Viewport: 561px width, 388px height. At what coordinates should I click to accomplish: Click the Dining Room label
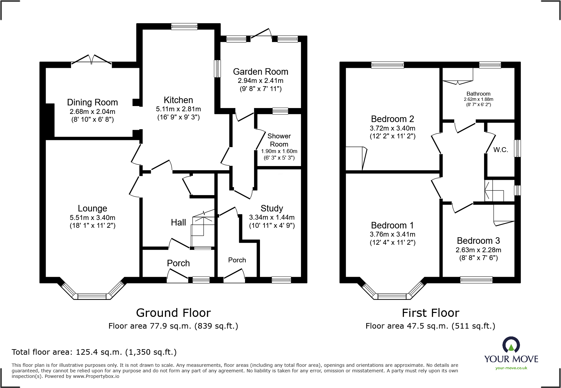[92, 102]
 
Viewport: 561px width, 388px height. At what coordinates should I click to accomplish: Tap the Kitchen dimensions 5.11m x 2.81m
[178, 109]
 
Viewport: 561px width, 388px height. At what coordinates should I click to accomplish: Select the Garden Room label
[260, 72]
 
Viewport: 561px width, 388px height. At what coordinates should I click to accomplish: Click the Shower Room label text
[279, 140]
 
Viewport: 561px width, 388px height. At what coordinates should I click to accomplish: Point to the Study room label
[272, 209]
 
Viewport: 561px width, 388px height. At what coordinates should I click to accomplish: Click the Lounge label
[92, 209]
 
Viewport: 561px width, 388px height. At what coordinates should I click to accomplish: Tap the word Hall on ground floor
[178, 223]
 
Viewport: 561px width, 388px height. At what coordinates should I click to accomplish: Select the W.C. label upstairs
[500, 150]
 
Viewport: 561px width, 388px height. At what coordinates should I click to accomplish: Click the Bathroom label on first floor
[478, 94]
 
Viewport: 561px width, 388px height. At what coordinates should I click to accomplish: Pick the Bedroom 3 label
[478, 241]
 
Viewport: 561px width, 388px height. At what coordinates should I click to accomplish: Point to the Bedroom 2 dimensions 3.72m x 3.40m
[392, 128]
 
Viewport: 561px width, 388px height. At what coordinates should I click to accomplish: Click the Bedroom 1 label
[392, 225]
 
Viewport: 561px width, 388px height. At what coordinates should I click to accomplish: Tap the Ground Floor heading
[173, 313]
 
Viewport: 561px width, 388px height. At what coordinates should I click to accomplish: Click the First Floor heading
[430, 313]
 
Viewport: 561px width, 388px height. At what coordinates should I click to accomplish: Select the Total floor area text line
[94, 352]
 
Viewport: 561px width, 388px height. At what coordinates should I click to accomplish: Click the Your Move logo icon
[511, 345]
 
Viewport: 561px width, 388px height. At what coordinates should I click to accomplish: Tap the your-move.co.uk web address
[511, 368]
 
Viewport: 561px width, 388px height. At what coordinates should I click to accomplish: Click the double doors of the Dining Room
[92, 61]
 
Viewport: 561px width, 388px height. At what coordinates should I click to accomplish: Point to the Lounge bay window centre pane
[92, 296]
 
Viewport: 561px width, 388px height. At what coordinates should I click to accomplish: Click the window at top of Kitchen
[184, 27]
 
